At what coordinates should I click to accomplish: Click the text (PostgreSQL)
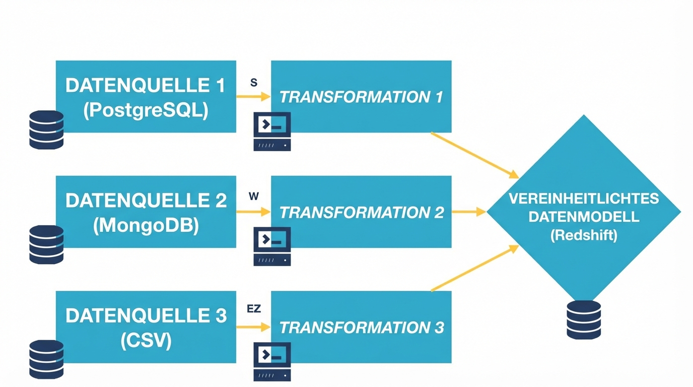pos(146,110)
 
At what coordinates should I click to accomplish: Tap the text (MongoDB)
pos(146,225)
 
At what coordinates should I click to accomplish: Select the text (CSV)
pos(146,341)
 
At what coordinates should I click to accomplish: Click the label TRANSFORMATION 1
pos(361,97)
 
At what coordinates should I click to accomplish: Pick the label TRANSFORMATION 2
pos(361,212)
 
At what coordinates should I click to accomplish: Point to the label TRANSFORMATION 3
pos(361,328)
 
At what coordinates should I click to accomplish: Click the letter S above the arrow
pos(254,83)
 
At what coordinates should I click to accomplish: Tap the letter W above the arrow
pos(254,197)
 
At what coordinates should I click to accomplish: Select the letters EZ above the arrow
pos(254,308)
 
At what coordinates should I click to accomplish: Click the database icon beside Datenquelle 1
pos(46,130)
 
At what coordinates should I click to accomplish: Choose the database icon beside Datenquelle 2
pos(46,244)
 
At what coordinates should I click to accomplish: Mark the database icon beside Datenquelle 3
pos(46,359)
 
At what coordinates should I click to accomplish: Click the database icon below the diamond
pos(584,319)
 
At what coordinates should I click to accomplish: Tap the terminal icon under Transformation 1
pos(272,132)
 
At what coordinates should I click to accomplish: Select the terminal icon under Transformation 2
pos(272,246)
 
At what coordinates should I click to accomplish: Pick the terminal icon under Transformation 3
pos(272,361)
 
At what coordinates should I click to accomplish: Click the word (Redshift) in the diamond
pos(584,235)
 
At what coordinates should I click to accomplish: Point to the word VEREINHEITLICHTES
pos(584,199)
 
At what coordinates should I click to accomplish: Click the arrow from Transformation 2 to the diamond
pos(468,212)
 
